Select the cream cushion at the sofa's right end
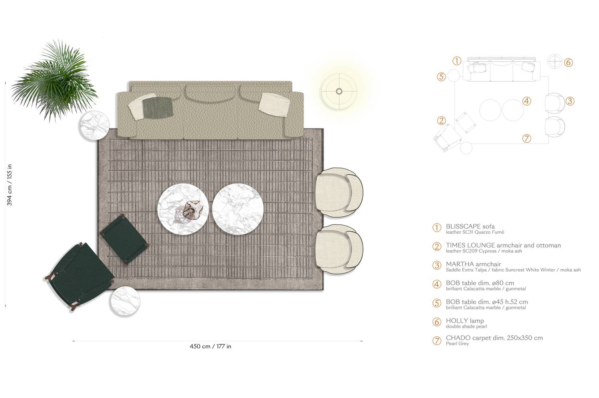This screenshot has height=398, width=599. click(x=274, y=104)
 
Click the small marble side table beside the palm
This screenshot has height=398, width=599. click(x=94, y=126)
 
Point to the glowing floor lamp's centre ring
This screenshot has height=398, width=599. click(x=339, y=91)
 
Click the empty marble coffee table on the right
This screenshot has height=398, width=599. click(x=238, y=208)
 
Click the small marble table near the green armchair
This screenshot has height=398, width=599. click(x=125, y=301)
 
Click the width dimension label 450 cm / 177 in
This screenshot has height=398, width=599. click(x=210, y=346)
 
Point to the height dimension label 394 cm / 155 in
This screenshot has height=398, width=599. click(x=10, y=185)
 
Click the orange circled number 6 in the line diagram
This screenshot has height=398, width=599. click(x=569, y=62)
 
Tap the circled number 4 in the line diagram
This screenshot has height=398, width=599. click(x=527, y=101)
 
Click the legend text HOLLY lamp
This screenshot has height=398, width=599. click(x=465, y=321)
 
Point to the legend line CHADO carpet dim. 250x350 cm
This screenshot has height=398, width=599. click(x=494, y=338)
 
